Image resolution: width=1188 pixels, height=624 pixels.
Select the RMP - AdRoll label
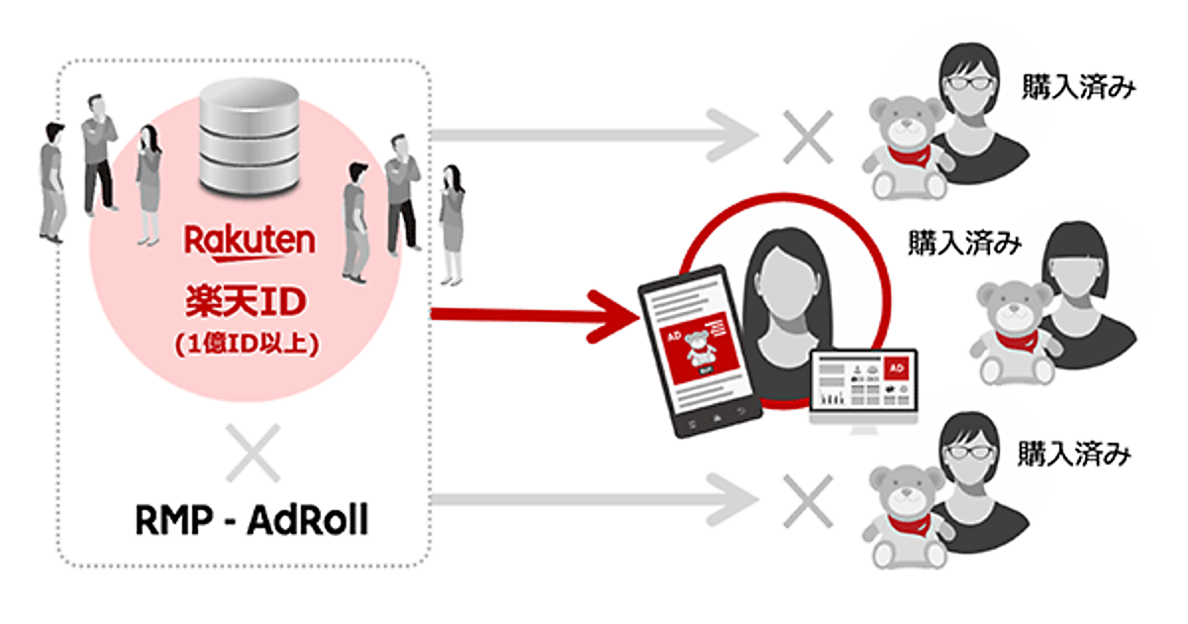click(x=250, y=520)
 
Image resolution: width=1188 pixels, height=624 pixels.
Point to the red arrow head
click(x=613, y=313)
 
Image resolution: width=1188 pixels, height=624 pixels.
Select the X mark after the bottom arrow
click(x=807, y=492)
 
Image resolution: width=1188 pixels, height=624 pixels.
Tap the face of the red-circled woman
click(x=773, y=286)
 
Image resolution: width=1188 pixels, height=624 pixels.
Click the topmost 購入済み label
click(x=1077, y=88)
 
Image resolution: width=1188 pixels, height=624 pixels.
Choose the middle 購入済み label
click(x=964, y=243)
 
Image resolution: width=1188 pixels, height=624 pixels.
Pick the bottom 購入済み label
click(x=1073, y=455)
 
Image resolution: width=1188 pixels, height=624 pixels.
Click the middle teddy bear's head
click(x=1012, y=306)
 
